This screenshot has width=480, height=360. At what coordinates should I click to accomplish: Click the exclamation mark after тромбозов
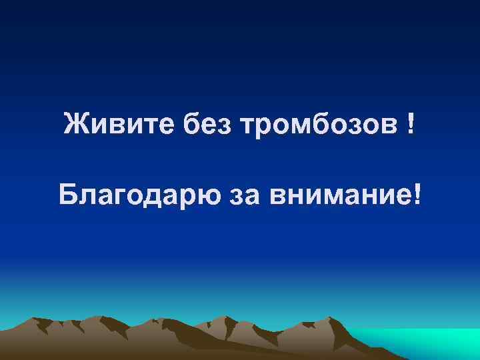tap(408, 123)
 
